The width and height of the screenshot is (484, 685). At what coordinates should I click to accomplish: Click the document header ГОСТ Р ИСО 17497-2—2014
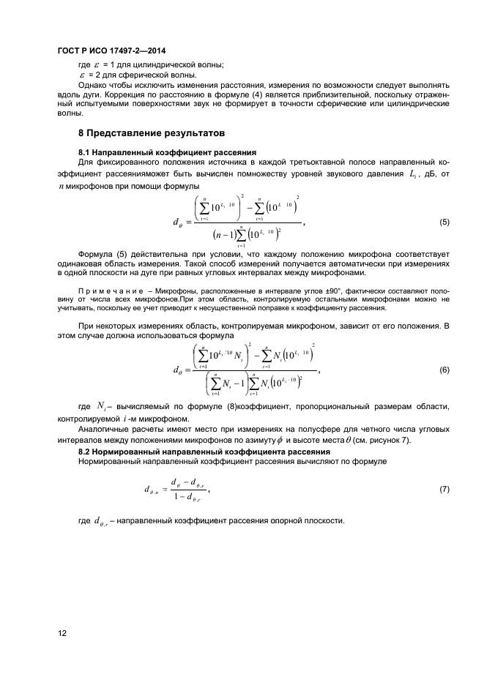(x=109, y=51)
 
